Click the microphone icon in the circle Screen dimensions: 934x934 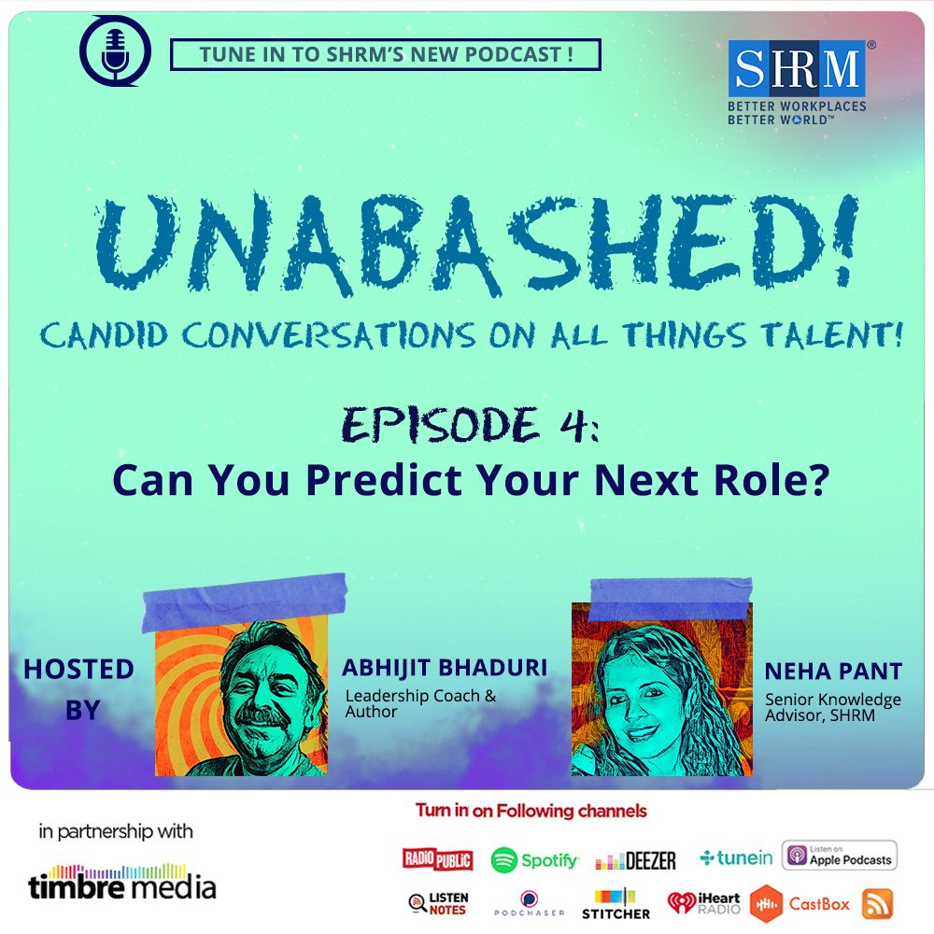116,51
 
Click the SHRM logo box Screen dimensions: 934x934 797,68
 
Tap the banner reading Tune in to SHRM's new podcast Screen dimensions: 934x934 386,55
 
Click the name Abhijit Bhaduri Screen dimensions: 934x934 445,668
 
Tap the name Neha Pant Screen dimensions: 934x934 833,672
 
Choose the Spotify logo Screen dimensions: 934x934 534,860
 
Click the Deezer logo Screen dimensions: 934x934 635,861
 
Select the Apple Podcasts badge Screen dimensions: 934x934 840,856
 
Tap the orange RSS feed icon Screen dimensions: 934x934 878,904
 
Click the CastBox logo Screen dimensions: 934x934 800,904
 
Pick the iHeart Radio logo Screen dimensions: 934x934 703,903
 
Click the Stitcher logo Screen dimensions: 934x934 616,904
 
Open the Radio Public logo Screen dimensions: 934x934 438,859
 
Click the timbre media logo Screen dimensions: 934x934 122,882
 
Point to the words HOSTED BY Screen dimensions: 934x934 78,689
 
